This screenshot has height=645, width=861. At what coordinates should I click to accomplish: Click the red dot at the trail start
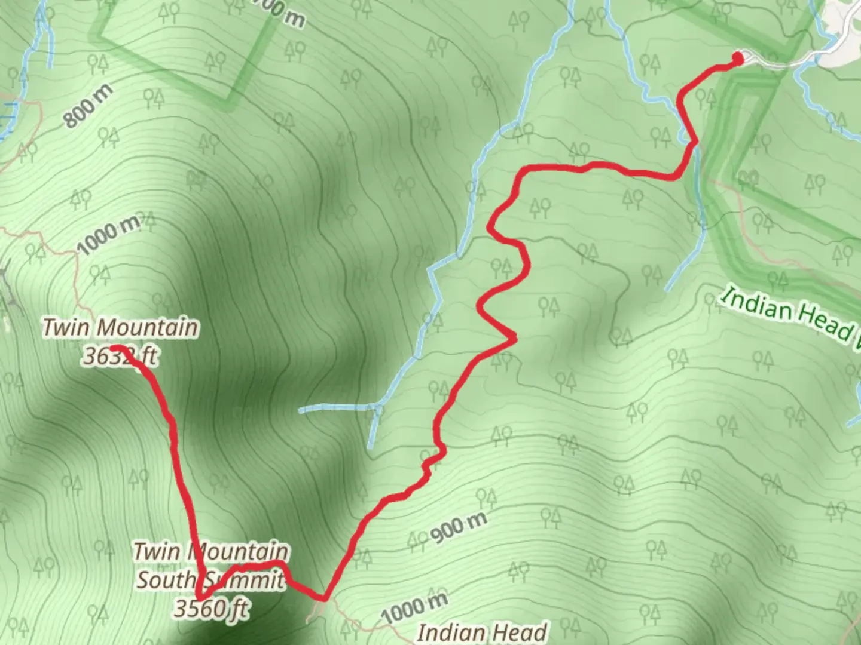(x=738, y=58)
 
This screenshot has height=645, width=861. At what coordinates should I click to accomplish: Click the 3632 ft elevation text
(x=120, y=355)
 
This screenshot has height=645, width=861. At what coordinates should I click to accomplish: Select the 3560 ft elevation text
(x=210, y=608)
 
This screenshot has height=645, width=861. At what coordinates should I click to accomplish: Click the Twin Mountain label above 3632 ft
(x=120, y=328)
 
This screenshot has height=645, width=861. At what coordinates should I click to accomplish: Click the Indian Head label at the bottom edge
(x=482, y=632)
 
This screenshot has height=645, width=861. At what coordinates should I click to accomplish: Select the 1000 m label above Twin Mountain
(x=108, y=234)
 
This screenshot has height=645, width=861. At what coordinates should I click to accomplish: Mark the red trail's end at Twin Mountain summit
(x=114, y=348)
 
